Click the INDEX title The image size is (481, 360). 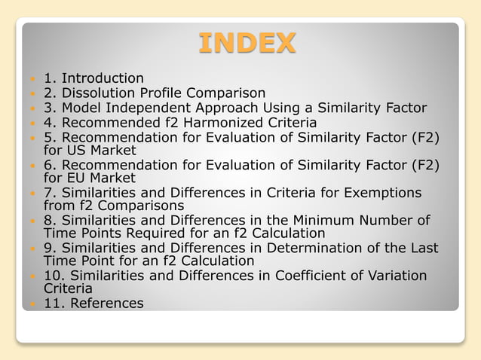coord(247,42)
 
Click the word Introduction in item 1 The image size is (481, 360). coord(103,78)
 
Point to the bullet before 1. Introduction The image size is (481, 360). coord(31,78)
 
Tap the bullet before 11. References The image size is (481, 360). coord(31,304)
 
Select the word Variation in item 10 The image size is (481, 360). coord(393,276)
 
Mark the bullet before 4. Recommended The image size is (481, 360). coord(31,123)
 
